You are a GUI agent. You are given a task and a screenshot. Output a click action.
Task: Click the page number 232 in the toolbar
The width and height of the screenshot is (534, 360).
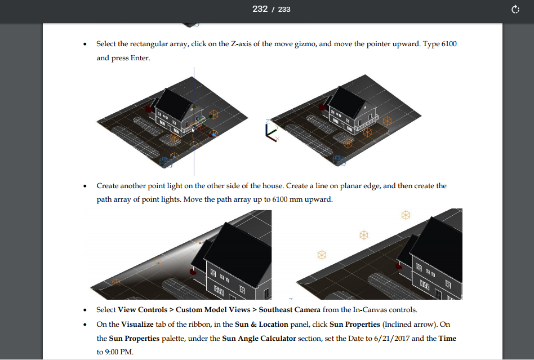(260, 9)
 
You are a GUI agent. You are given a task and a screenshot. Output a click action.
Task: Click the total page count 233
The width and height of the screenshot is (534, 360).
(284, 10)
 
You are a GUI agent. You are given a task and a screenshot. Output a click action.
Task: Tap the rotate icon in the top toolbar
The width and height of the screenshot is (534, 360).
(515, 9)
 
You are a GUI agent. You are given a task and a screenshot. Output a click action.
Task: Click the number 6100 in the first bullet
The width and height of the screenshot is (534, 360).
(449, 43)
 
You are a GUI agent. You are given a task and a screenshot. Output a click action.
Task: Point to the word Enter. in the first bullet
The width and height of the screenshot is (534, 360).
(140, 58)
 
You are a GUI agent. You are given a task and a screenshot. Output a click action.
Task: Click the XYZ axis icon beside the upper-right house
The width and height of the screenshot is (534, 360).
(272, 131)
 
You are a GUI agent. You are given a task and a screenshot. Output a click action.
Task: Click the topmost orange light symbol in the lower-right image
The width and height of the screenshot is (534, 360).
(406, 215)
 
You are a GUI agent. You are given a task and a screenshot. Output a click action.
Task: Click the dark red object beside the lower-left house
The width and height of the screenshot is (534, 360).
(193, 272)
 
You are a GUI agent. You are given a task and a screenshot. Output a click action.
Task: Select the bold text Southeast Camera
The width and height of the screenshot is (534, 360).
(290, 310)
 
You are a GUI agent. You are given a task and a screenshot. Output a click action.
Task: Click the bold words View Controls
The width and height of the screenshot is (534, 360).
(143, 310)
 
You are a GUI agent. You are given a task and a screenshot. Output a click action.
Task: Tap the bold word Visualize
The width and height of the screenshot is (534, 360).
(137, 325)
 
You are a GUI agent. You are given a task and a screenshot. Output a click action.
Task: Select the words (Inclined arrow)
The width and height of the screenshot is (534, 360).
(410, 325)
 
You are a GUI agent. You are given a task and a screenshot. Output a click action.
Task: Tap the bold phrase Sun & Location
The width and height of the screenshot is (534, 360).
(261, 325)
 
